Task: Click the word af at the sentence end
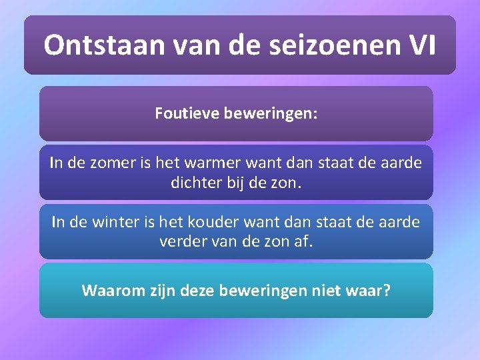point(304,241)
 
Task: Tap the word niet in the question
point(323,290)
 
